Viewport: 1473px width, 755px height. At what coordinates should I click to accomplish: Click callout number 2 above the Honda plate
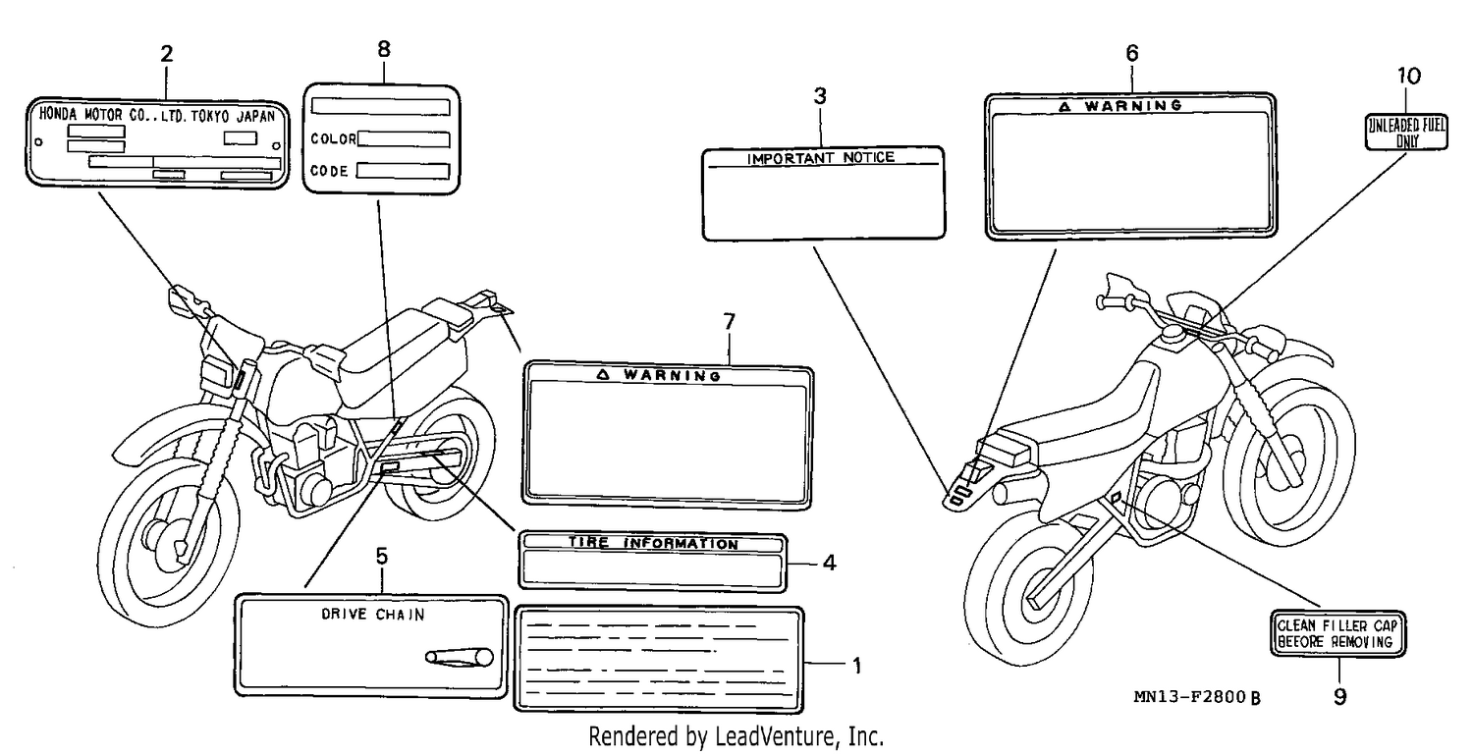pos(166,54)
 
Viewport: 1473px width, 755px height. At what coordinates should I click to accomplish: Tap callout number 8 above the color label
pos(384,49)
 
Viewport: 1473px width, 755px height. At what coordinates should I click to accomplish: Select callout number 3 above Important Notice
pos(820,96)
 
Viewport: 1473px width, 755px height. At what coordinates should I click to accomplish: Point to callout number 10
pos(1408,77)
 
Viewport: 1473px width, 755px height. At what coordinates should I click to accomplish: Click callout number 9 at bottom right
pos(1340,697)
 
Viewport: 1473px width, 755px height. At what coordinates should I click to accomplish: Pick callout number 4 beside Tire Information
pos(830,563)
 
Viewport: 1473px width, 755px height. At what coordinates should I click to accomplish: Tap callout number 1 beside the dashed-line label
pos(857,667)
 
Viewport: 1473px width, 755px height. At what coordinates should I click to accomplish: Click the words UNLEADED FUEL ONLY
pos(1407,133)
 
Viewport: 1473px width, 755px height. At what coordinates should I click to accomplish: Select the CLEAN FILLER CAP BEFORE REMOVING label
pos(1338,634)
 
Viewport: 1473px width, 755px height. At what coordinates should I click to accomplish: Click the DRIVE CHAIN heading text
pos(373,615)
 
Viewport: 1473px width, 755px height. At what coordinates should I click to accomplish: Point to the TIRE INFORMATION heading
pos(653,543)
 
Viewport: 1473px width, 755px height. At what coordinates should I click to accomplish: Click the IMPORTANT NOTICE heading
pos(821,158)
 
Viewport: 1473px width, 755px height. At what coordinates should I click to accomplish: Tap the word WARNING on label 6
pos(1133,105)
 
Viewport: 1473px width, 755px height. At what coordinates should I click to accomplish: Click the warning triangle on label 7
pos(603,374)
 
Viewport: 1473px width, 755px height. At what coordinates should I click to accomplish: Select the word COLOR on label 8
pos(333,138)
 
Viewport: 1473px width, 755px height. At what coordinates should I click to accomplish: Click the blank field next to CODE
pos(403,171)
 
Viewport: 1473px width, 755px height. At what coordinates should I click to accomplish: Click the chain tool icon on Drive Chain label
pos(460,657)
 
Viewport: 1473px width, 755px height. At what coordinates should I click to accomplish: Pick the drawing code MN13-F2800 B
pos(1197,697)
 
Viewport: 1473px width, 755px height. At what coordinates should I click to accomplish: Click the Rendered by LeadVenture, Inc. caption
pos(736,736)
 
